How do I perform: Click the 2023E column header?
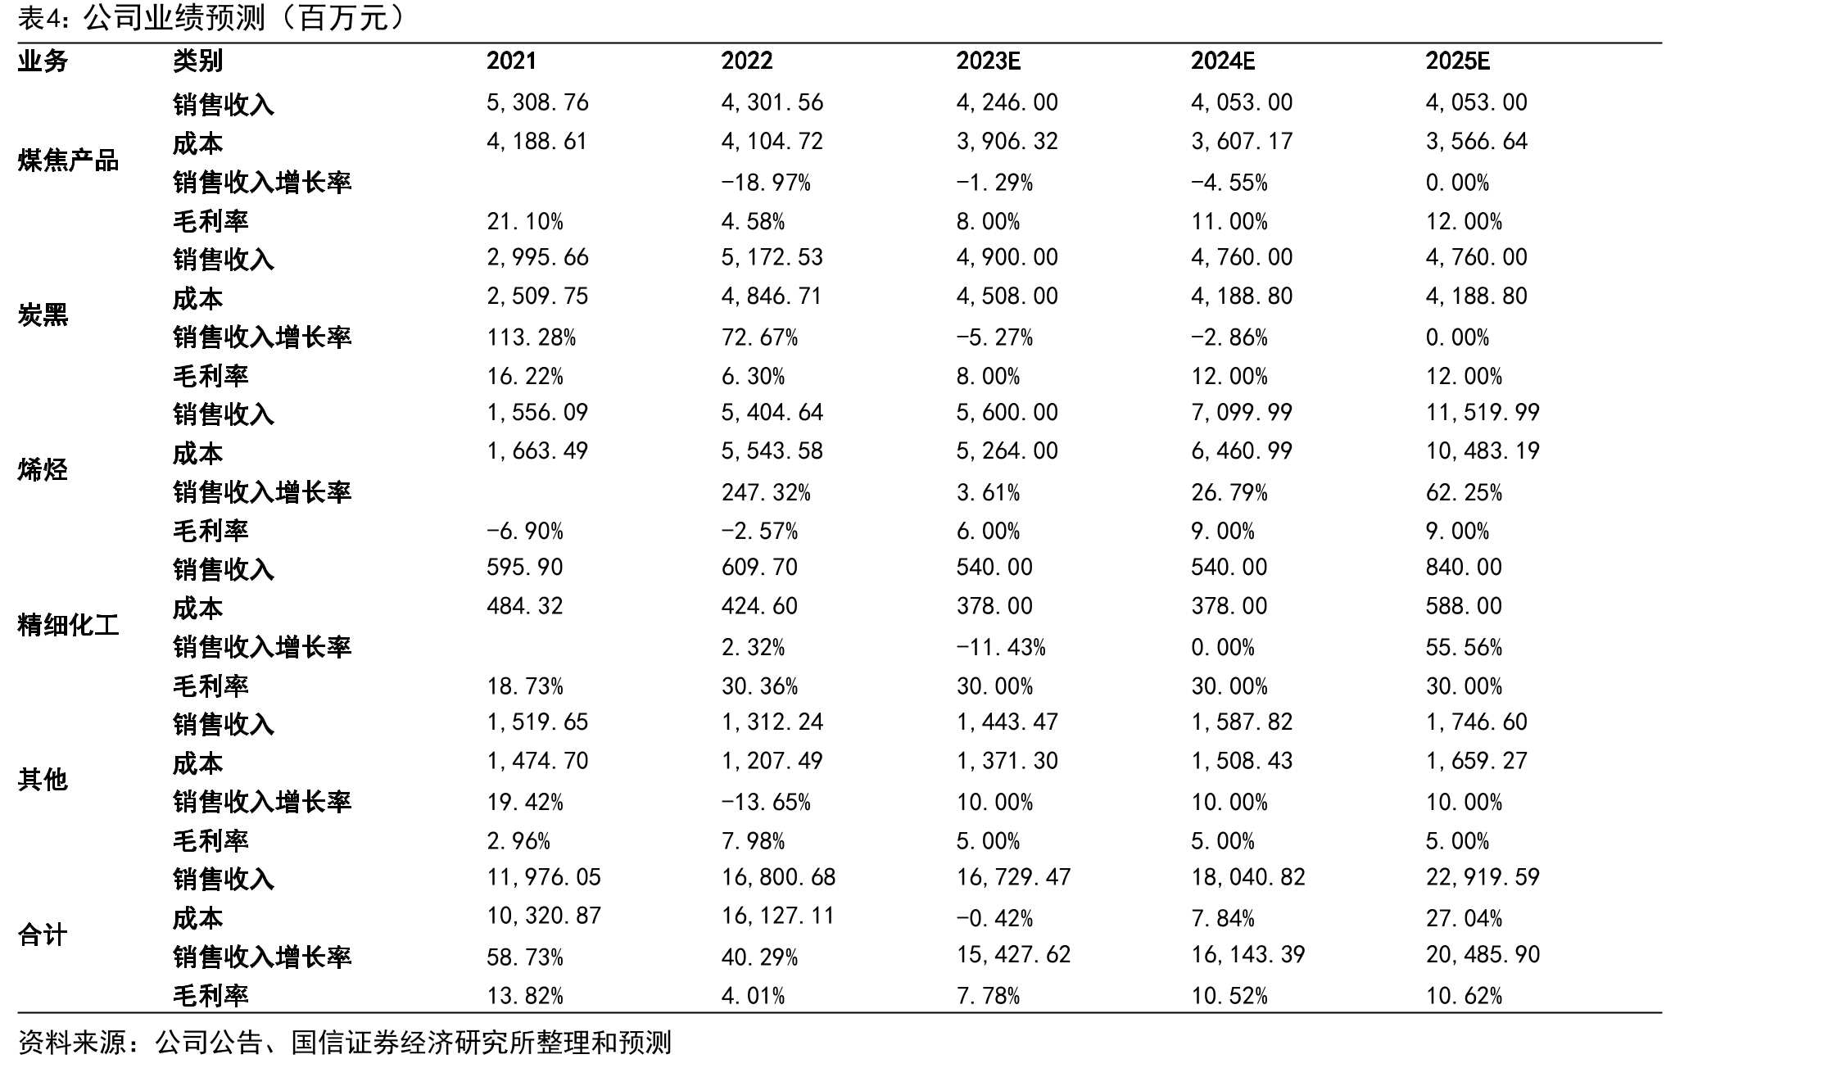coord(988,61)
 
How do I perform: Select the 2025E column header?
coord(1457,61)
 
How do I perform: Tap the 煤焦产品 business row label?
coord(68,161)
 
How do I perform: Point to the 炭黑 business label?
coord(43,315)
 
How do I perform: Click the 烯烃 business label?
coord(43,470)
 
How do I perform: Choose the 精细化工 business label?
coord(68,626)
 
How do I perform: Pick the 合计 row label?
coord(43,935)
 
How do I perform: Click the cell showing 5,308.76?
coord(537,102)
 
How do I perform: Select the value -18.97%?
coord(766,182)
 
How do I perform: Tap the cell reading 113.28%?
coord(532,337)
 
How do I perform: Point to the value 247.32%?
coord(766,492)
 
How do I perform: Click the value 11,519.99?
coord(1483,412)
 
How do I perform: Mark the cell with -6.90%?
coord(525,531)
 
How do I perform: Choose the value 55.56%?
coord(1464,647)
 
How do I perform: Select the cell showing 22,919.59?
coord(1483,877)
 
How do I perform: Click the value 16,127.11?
coord(778,916)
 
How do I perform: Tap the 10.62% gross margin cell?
coord(1464,996)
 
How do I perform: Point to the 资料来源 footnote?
coord(344,1043)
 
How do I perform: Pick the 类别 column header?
coord(197,61)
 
